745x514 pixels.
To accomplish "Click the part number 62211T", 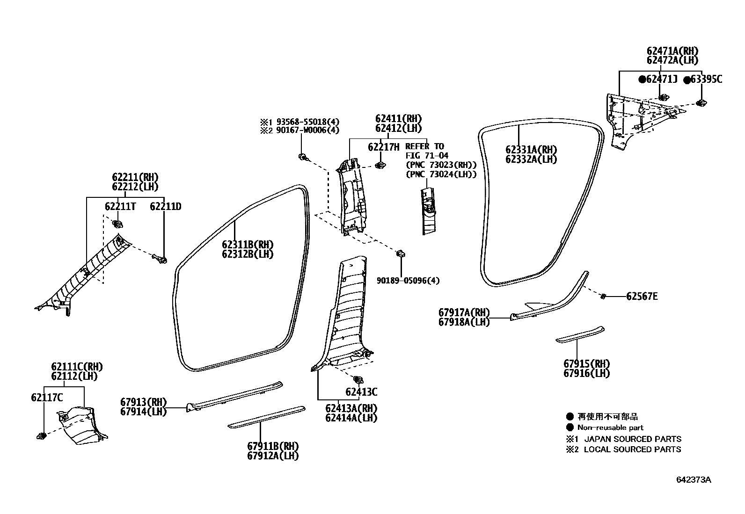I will click(120, 206).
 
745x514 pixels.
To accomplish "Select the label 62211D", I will click(165, 206).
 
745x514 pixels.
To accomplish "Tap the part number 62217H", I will click(383, 147).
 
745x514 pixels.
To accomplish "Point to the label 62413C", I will click(361, 392).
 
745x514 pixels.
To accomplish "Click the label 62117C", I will click(47, 398).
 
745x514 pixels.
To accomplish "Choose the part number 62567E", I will click(642, 296).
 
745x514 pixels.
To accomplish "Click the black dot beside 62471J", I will click(642, 80).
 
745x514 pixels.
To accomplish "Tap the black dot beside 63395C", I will click(687, 80).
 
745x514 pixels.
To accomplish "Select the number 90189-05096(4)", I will click(408, 281).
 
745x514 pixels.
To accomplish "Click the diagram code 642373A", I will click(693, 480).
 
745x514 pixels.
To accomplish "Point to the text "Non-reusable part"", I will click(610, 427).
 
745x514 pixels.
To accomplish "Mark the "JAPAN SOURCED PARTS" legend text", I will click(633, 439).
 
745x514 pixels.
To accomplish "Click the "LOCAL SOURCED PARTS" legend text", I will click(632, 449).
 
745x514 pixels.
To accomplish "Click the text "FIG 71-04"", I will click(426, 155).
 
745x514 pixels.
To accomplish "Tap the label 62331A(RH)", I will click(531, 150).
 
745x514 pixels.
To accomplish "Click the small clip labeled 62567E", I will click(604, 296).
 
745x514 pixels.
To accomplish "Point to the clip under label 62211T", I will click(117, 223).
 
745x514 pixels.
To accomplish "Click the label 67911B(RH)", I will click(273, 446).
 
